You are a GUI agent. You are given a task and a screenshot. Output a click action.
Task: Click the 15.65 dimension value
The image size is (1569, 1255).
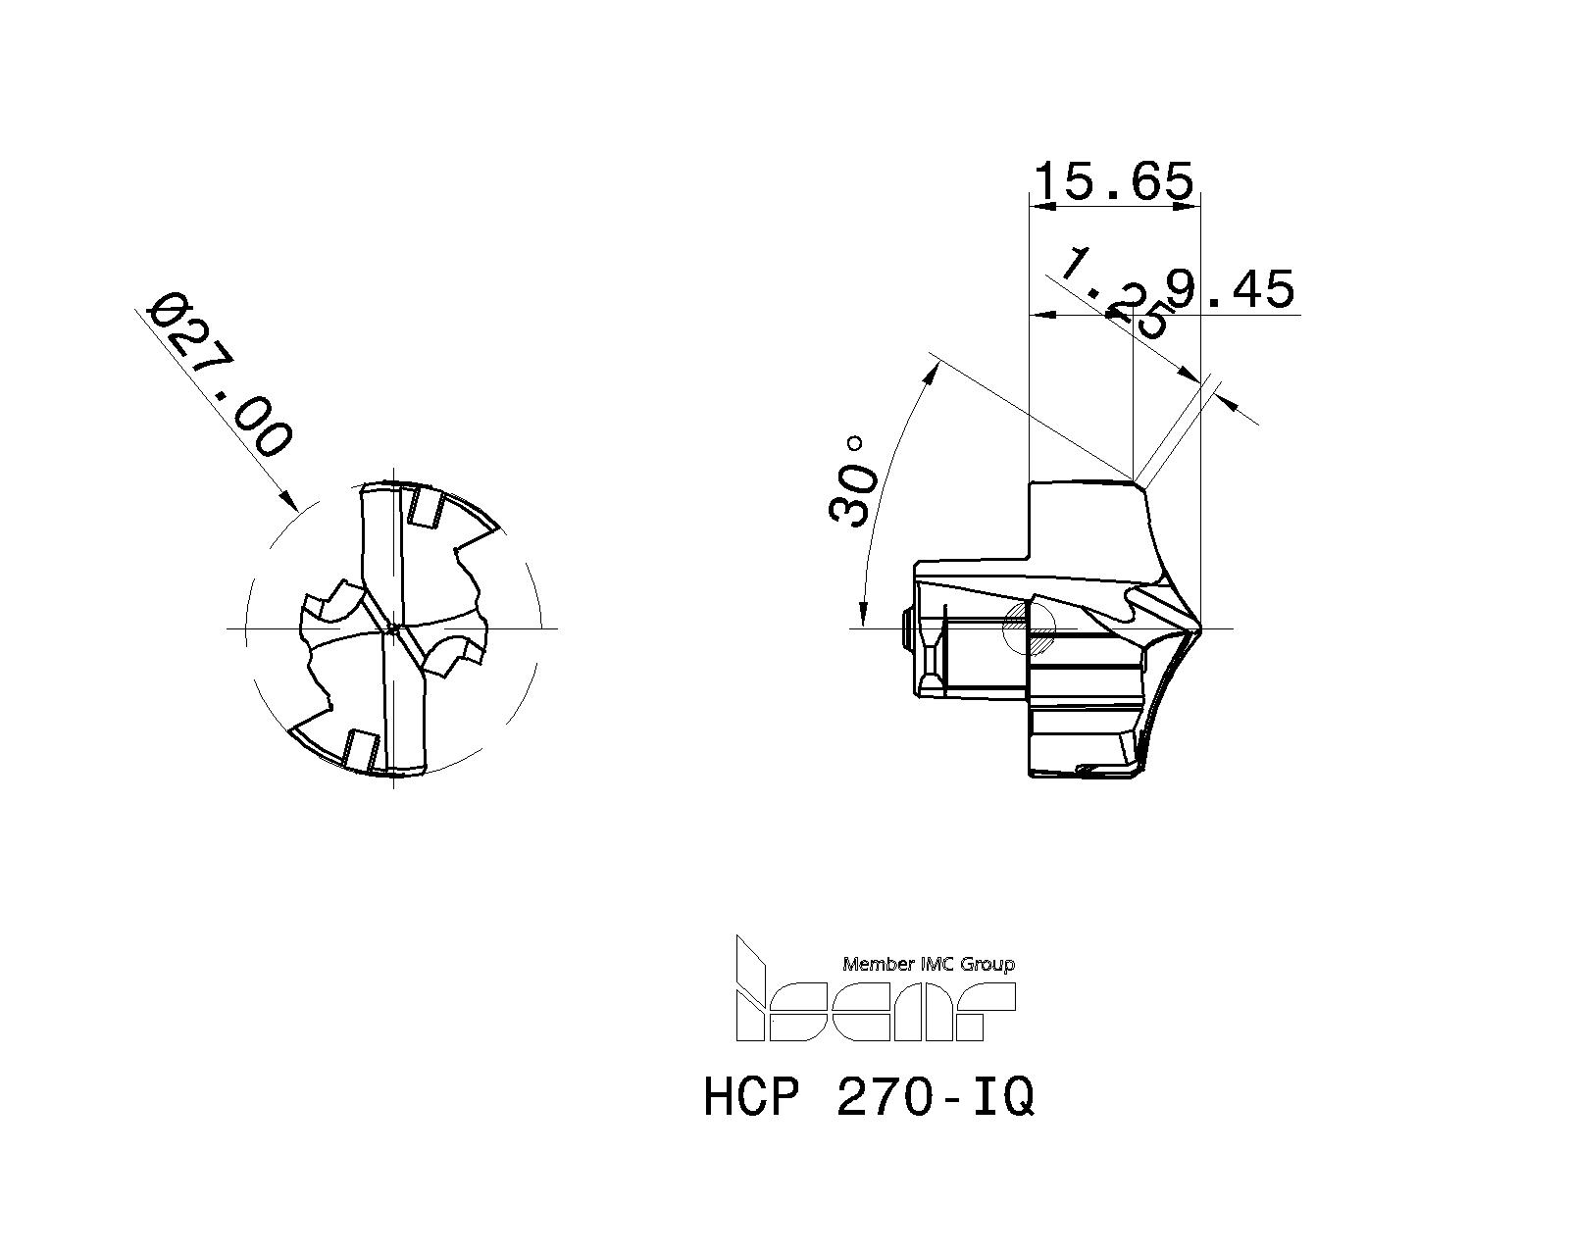click(1114, 182)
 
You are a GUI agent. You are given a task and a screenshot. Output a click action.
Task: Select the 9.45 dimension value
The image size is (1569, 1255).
click(1230, 289)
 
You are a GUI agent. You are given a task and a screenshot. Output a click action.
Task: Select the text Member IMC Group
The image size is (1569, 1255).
click(928, 964)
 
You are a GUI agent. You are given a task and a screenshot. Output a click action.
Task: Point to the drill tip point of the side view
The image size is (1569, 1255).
click(1200, 628)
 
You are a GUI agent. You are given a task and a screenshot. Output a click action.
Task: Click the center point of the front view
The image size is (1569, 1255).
click(392, 628)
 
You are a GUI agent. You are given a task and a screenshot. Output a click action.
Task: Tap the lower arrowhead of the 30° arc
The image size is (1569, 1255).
click(863, 615)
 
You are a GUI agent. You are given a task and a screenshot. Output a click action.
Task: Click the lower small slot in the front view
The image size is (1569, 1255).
click(360, 751)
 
